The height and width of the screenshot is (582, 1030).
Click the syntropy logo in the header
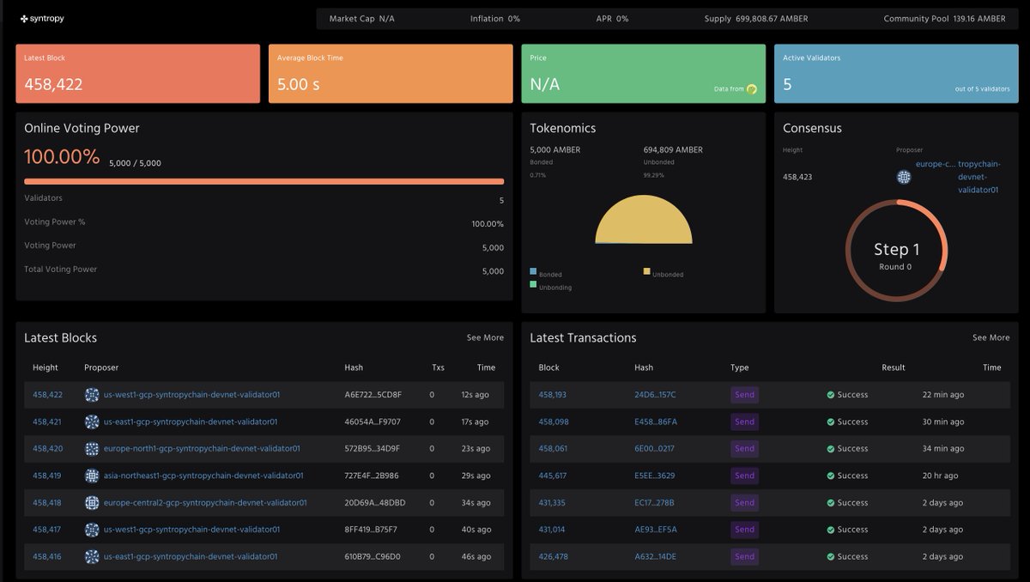pyautogui.click(x=42, y=19)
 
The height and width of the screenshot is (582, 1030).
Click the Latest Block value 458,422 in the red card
pyautogui.click(x=53, y=84)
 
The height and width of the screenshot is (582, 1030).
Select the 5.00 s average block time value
pyautogui.click(x=299, y=84)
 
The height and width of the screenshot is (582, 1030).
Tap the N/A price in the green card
pyautogui.click(x=545, y=84)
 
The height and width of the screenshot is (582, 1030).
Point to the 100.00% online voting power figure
pyautogui.click(x=62, y=157)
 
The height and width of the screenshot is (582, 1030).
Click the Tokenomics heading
pyautogui.click(x=562, y=128)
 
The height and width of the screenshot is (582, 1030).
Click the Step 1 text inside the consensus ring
pyautogui.click(x=896, y=249)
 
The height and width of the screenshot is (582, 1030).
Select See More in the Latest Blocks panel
pyautogui.click(x=485, y=337)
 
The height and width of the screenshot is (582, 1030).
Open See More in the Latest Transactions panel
pyautogui.click(x=991, y=337)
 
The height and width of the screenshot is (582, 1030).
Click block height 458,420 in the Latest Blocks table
pyautogui.click(x=47, y=448)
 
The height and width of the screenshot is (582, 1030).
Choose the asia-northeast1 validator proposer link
pyautogui.click(x=203, y=476)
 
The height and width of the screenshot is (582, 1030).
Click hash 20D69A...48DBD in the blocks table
pyautogui.click(x=374, y=502)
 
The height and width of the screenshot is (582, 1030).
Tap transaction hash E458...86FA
pyautogui.click(x=655, y=421)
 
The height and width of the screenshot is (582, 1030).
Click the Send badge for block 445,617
pyautogui.click(x=744, y=476)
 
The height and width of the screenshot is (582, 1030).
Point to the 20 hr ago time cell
pyautogui.click(x=942, y=476)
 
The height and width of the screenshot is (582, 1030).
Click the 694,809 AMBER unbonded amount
pyautogui.click(x=673, y=149)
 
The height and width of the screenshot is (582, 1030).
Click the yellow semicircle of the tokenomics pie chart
pyautogui.click(x=644, y=221)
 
